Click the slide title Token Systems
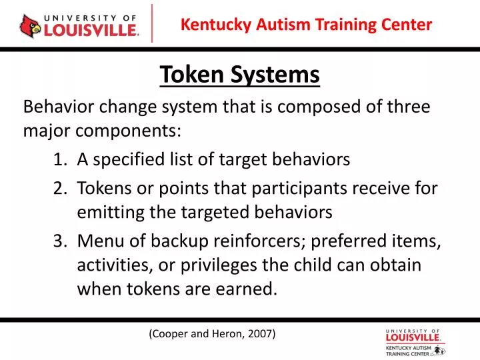[x=240, y=75]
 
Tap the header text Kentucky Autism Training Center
[x=307, y=25]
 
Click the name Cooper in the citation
[x=171, y=333]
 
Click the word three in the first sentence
[x=408, y=107]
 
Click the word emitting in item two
[x=105, y=213]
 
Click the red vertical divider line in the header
[x=153, y=23]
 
